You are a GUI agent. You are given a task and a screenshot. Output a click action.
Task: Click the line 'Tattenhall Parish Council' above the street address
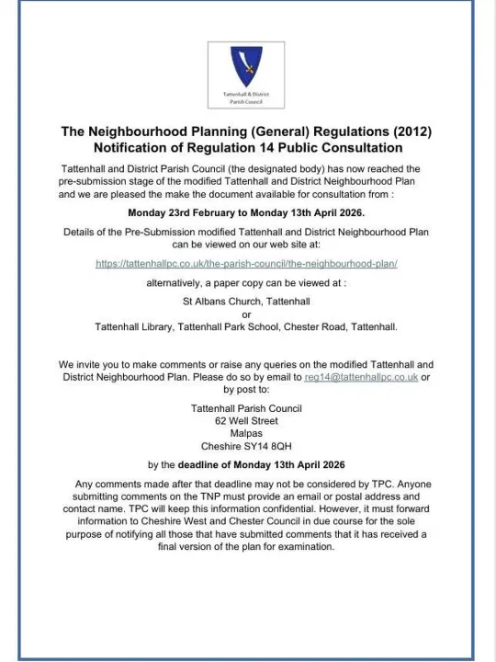pyautogui.click(x=246, y=407)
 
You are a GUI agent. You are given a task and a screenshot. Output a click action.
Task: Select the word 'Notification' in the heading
pyautogui.click(x=132, y=148)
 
